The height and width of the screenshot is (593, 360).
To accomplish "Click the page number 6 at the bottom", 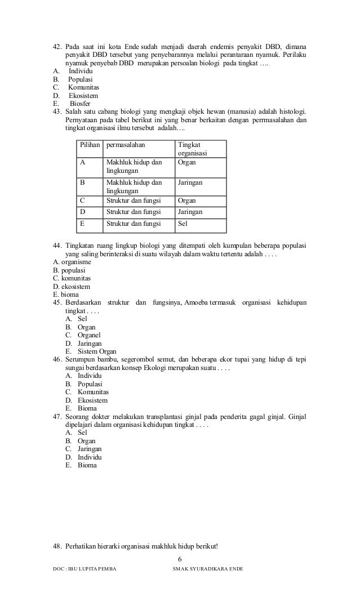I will pyautogui.click(x=180, y=558).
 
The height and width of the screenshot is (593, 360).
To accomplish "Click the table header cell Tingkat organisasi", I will pyautogui.click(x=192, y=149).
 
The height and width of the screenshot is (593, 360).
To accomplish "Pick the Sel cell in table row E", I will pyautogui.click(x=183, y=223).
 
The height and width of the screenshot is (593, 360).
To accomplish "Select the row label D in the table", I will pyautogui.click(x=83, y=212).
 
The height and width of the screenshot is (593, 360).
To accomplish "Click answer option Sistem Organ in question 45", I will pyautogui.click(x=96, y=351).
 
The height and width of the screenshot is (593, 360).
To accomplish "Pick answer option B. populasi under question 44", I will pyautogui.click(x=65, y=270).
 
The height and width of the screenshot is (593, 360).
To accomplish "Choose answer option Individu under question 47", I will pyautogui.click(x=89, y=457).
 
